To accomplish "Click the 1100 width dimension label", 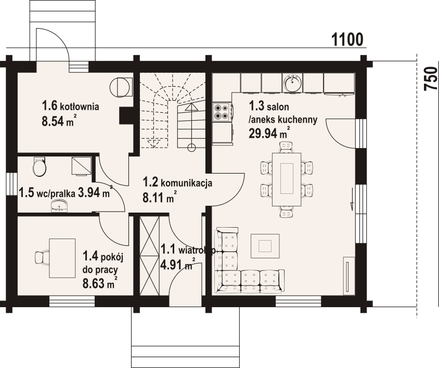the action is pyautogui.click(x=347, y=40).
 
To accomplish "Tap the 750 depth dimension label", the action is pyautogui.click(x=431, y=78).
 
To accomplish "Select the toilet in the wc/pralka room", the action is pyautogui.click(x=39, y=167).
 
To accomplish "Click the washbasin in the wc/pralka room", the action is pyautogui.click(x=59, y=206).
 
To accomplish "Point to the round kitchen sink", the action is pyautogui.click(x=292, y=82).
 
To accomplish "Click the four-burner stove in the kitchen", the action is pyautogui.click(x=222, y=112).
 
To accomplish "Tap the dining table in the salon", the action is pyautogui.click(x=287, y=179).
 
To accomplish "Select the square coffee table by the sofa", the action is pyautogui.click(x=265, y=246).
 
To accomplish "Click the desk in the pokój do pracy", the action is pyautogui.click(x=62, y=258).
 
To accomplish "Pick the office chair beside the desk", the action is pyautogui.click(x=42, y=257).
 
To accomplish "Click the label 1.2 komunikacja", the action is pyautogui.click(x=177, y=183).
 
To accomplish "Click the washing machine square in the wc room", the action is pyautogui.click(x=82, y=166).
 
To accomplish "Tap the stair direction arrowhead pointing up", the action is pyautogui.click(x=191, y=107).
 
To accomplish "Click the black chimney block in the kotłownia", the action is pyautogui.click(x=126, y=116).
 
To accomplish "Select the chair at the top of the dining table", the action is pyautogui.click(x=287, y=147).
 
